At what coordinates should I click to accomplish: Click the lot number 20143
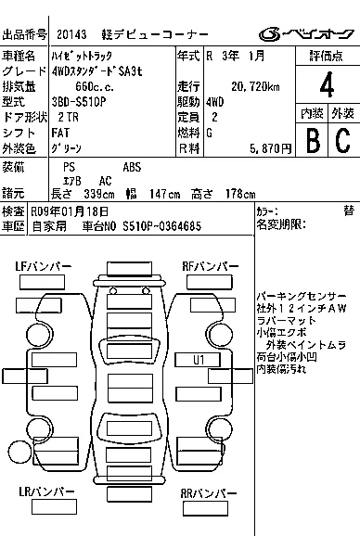click(71, 34)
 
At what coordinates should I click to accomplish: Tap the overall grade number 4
click(327, 84)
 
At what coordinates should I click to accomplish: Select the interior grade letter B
click(314, 140)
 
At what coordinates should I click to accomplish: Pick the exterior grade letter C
click(343, 140)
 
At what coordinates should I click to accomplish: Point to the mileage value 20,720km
click(255, 87)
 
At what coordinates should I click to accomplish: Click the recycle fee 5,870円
click(270, 148)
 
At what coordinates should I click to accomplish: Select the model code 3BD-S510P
click(79, 102)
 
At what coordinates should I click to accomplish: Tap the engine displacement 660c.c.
click(95, 87)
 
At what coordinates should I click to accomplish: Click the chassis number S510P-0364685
click(161, 226)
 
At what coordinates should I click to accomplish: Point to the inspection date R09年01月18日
click(70, 212)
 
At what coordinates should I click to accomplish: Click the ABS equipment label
click(132, 167)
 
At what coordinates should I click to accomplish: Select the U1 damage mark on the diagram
click(199, 360)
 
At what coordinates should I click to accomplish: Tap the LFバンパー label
click(44, 266)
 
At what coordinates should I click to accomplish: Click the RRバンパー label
click(209, 493)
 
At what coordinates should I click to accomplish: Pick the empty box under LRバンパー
click(54, 507)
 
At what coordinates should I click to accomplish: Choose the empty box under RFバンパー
click(210, 282)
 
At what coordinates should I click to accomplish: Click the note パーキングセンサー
click(302, 296)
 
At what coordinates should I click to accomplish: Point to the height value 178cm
click(240, 194)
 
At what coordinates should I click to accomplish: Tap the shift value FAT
click(60, 133)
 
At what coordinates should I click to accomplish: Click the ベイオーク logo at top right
click(306, 33)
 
